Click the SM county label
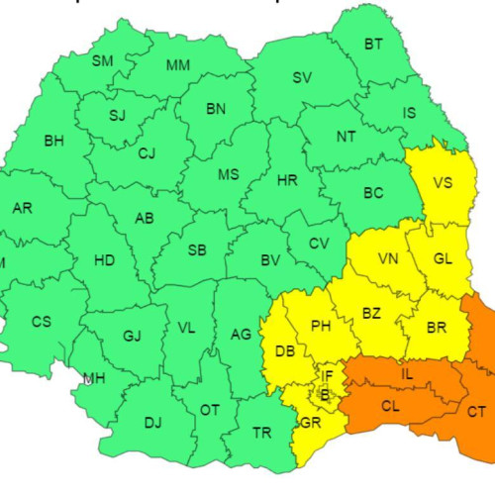[103, 61]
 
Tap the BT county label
[373, 44]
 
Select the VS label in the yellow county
[443, 182]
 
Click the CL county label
[390, 407]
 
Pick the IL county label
[408, 374]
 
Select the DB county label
[285, 351]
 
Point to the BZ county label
[371, 314]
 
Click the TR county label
[262, 433]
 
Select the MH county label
[95, 379]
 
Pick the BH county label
[53, 141]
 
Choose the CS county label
[41, 322]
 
